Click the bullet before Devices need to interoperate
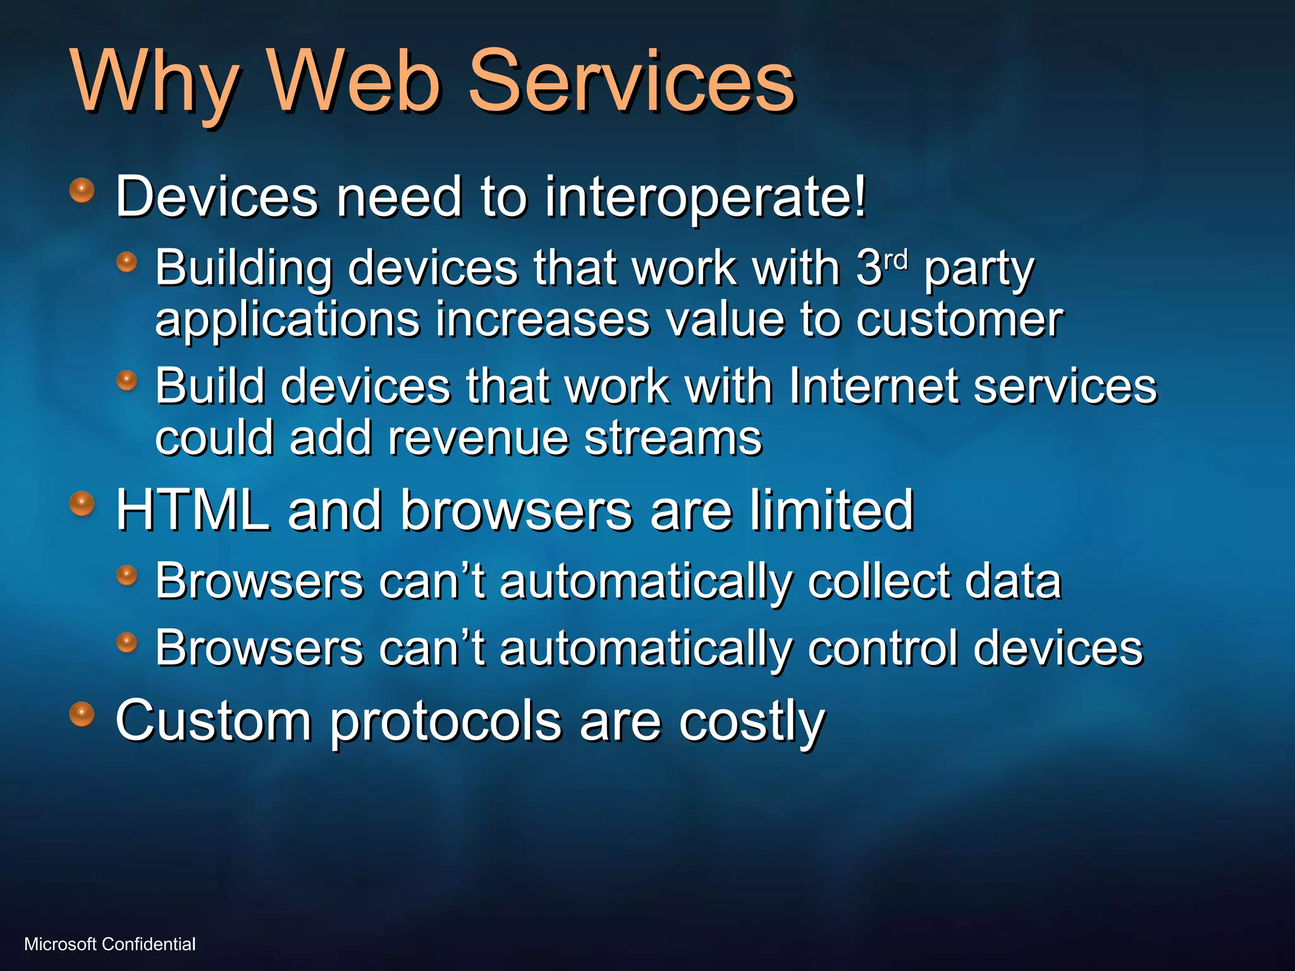click(x=82, y=190)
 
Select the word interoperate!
click(x=705, y=197)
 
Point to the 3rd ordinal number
click(x=881, y=267)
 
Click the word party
click(x=979, y=269)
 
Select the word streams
click(x=673, y=438)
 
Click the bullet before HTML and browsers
click(x=82, y=504)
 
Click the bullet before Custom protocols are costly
click(x=82, y=714)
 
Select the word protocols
click(x=446, y=722)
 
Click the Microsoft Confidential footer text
click(x=110, y=944)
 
